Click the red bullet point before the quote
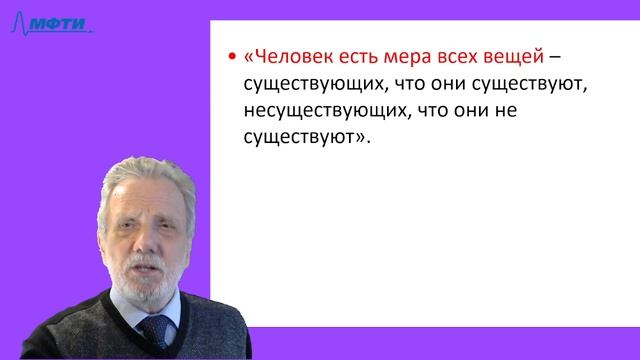(232, 56)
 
